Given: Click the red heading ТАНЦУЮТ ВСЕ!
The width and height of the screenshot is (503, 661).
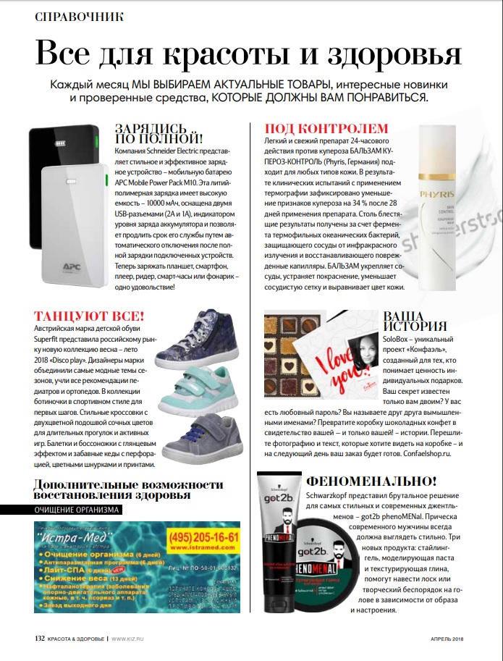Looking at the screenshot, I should [90, 316].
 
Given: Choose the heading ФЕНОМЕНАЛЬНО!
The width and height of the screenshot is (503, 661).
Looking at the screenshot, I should [372, 481].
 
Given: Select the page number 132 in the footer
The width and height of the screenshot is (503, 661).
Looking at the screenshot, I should [40, 638].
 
